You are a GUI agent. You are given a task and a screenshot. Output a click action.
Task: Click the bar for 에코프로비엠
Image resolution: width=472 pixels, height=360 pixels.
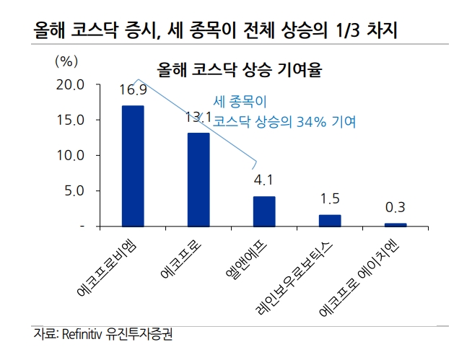click(133, 166)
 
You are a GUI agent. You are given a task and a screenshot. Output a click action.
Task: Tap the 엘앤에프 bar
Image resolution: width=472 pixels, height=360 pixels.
click(264, 211)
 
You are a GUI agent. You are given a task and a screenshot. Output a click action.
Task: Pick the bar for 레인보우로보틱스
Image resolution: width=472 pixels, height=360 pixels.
click(330, 220)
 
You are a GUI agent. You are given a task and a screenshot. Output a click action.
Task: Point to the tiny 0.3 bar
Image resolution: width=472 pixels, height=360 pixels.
click(395, 224)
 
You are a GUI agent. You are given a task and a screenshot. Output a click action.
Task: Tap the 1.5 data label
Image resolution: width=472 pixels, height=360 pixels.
click(330, 198)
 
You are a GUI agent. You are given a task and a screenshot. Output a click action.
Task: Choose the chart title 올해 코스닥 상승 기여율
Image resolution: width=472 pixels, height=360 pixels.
click(235, 70)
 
